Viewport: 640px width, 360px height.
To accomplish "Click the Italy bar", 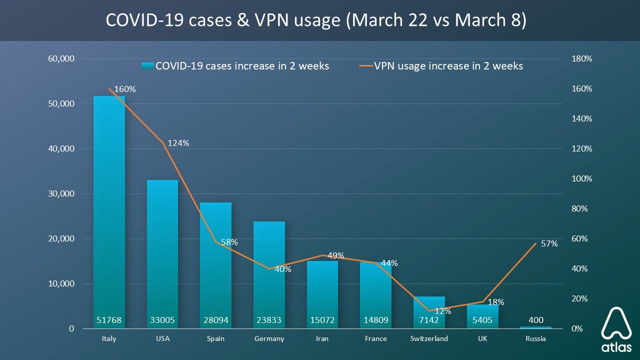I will point(109,210).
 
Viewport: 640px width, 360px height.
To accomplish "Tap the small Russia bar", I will point(535,327).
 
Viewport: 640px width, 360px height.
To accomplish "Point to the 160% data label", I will point(125,89).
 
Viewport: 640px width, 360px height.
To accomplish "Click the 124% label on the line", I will point(178,143).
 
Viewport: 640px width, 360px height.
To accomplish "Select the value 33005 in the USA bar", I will point(162,320).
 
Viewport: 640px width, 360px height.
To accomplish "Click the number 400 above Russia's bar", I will point(535,320).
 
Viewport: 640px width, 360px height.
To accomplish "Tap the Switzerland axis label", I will point(429,338).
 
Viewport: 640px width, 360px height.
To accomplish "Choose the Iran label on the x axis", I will point(322,338).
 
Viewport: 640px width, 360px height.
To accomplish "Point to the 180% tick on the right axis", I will point(581,58).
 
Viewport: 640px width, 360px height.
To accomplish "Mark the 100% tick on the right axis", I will point(581,178).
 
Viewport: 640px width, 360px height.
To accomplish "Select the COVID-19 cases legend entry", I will point(235,66).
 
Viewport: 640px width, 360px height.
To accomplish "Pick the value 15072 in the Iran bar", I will point(322,320).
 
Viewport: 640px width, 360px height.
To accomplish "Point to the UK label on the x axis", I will point(482,338).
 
